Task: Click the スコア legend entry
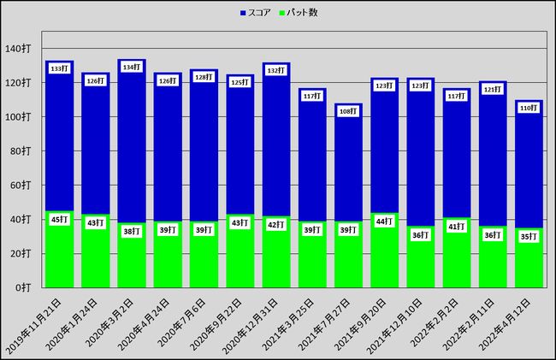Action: coord(259,13)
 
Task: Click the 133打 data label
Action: coord(59,68)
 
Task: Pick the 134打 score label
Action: coord(131,67)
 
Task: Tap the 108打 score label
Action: coord(348,111)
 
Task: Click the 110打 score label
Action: coord(529,108)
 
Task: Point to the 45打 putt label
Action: coord(59,220)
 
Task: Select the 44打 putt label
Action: coord(384,221)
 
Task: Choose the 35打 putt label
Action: coord(529,237)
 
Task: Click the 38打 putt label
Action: coord(131,232)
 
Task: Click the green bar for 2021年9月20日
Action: coord(384,257)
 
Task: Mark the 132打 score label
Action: coord(275,70)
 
